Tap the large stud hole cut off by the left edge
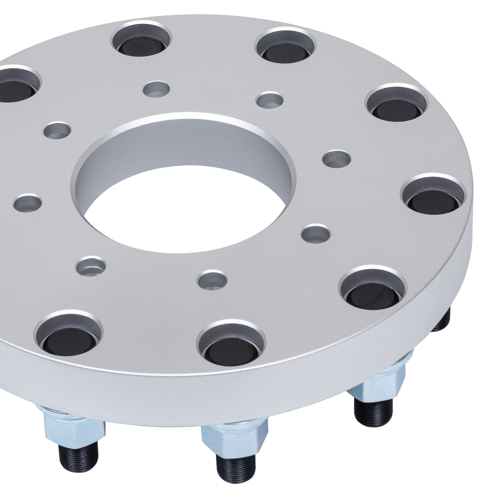(15, 85)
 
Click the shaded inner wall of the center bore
(185, 150)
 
